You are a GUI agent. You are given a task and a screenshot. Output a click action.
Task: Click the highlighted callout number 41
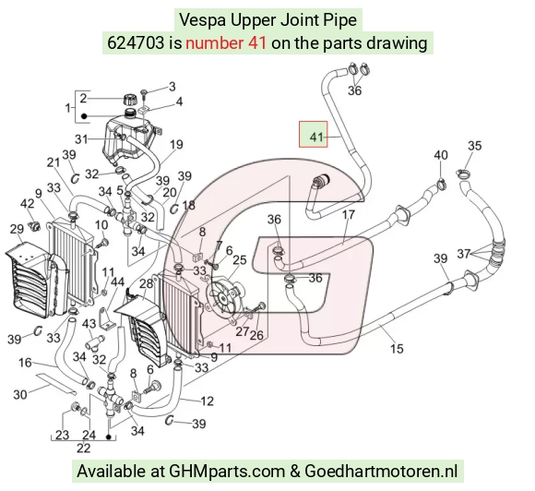click(316, 137)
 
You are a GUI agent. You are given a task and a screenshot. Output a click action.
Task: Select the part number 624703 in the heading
click(136, 43)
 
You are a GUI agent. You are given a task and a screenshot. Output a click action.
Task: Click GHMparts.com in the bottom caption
click(227, 472)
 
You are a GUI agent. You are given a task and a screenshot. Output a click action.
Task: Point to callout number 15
click(397, 349)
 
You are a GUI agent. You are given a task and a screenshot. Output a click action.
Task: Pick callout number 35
click(475, 146)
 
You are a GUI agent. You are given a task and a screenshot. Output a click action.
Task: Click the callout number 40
click(441, 155)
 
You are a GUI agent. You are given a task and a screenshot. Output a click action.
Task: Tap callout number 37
click(464, 254)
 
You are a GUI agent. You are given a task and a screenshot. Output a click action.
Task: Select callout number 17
click(349, 215)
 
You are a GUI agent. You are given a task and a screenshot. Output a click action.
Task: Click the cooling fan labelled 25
click(223, 296)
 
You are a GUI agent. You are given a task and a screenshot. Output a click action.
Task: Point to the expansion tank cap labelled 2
click(130, 100)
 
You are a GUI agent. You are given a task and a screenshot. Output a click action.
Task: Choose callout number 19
click(176, 145)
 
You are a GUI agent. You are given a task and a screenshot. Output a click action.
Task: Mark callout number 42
click(28, 204)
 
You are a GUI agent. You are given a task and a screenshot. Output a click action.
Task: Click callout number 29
click(17, 229)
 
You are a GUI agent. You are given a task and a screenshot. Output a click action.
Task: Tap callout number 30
click(19, 395)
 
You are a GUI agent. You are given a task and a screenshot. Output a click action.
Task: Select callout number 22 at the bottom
click(84, 448)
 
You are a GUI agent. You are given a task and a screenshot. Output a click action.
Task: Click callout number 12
click(207, 401)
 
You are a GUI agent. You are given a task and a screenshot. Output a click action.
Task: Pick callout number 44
click(118, 282)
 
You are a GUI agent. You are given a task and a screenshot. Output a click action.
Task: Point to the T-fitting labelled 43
click(96, 342)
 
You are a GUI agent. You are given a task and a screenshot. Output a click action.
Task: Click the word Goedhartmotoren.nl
click(381, 472)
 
